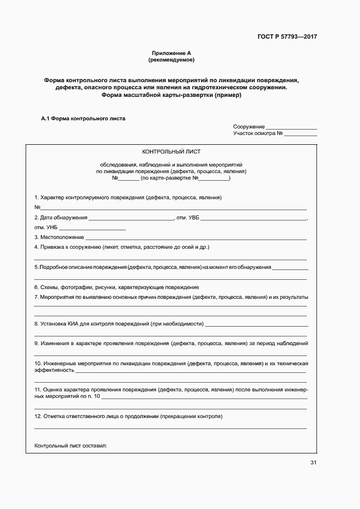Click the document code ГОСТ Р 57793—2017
[x=287, y=37]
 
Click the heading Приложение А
[x=172, y=53]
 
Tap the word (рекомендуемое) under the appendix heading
[x=172, y=59]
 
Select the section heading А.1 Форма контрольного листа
[x=83, y=118]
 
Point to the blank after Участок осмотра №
[x=301, y=133]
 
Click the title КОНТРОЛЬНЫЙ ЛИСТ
[x=171, y=152]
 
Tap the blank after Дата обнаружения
[x=131, y=218]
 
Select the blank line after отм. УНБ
[x=92, y=228]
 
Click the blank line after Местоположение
[x=196, y=238]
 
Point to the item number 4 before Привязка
[x=36, y=247]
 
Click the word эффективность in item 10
[x=54, y=370]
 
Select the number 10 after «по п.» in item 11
[x=97, y=396]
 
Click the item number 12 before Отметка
[x=38, y=416]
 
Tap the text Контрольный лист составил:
[x=71, y=446]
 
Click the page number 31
[x=313, y=463]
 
